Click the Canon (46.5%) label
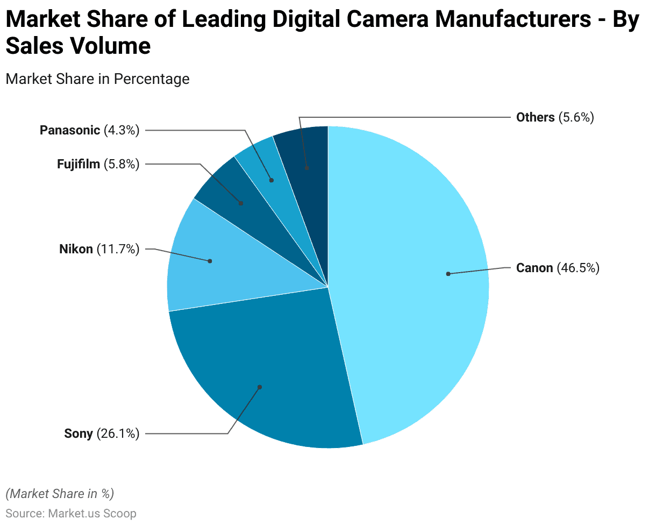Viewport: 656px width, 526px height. [557, 268]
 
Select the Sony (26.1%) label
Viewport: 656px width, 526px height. [102, 433]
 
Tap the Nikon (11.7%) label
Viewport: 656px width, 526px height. [99, 250]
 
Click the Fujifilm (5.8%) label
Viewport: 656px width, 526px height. [98, 164]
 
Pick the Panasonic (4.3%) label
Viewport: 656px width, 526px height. [89, 130]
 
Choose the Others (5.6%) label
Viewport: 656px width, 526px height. [554, 117]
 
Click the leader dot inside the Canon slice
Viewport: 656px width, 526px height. [448, 274]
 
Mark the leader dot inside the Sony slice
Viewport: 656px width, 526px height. [260, 387]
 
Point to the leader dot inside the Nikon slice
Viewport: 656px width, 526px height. [210, 261]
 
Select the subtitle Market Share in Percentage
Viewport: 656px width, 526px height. [97, 79]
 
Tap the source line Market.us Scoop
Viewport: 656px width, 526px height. [71, 513]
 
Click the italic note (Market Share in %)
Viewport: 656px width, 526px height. [60, 493]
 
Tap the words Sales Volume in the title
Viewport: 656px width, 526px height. [78, 46]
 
